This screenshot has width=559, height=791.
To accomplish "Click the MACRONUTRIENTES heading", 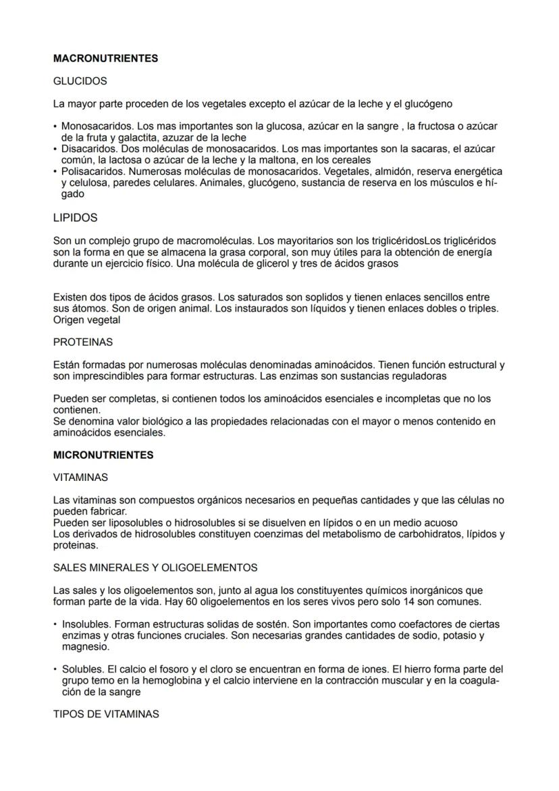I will click(105, 59).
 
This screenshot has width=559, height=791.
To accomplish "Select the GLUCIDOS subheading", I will click(80, 81).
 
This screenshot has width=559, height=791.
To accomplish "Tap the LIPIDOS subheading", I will click(75, 218).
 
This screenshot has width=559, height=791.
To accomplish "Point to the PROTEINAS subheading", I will click(82, 342).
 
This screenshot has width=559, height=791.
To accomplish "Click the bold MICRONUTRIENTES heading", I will click(103, 455).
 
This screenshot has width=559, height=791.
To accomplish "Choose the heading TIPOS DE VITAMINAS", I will click(106, 714).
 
